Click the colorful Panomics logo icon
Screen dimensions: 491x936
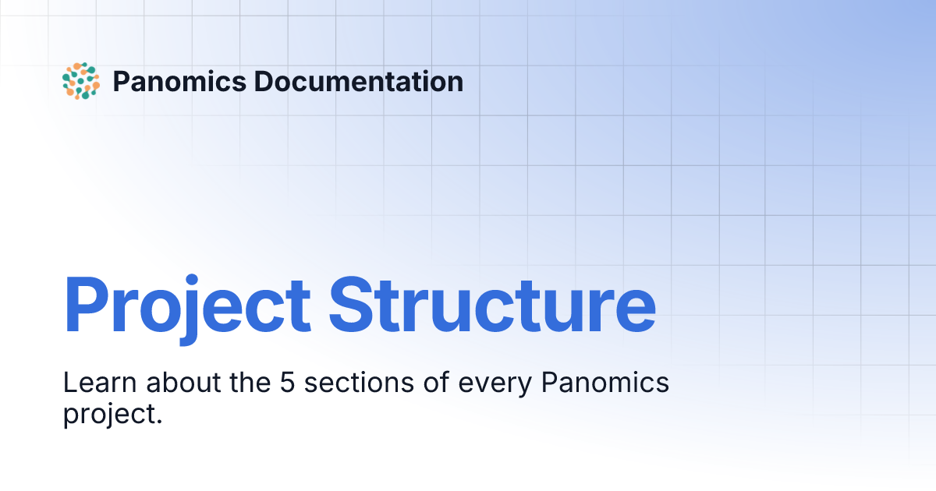80,81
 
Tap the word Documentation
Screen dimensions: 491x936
358,81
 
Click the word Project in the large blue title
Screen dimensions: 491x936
186,305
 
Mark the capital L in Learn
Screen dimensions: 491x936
69,383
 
